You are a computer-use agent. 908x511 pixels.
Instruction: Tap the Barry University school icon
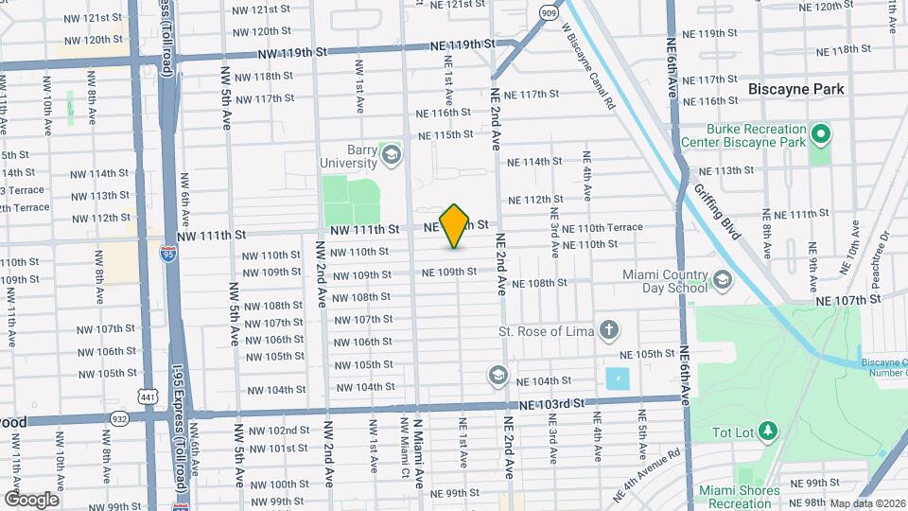tap(390, 152)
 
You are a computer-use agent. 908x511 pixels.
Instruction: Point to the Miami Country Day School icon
tap(723, 280)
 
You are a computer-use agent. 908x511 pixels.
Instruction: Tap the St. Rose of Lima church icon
tap(611, 331)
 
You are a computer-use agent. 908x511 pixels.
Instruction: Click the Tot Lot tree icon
tap(767, 432)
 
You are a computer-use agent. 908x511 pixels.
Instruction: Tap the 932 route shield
tap(119, 417)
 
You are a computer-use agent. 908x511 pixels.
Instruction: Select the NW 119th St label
tap(290, 53)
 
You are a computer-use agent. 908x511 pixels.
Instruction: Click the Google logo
tap(30, 499)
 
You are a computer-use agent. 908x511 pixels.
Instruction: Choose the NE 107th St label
tap(848, 298)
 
